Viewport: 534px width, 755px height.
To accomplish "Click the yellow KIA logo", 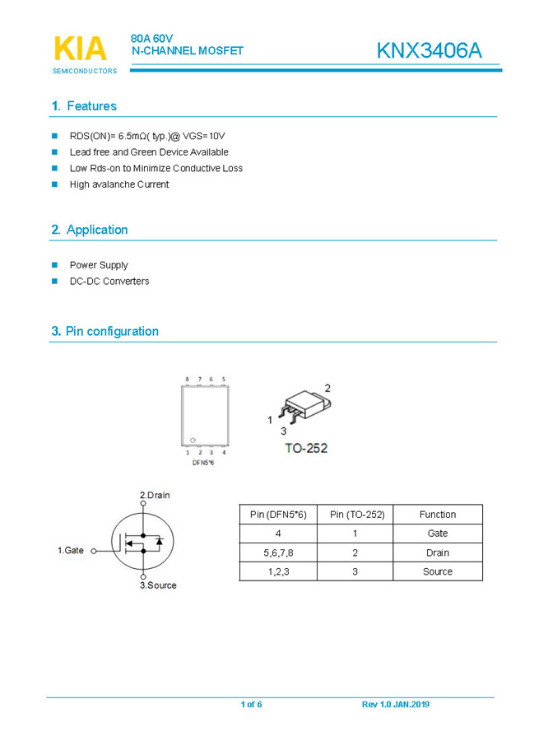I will pos(80,49).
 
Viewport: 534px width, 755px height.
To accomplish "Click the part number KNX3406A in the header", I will pos(429,50).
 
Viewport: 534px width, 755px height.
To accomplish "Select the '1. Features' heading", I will pos(84,106).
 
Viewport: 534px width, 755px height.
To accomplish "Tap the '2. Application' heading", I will pos(89,230).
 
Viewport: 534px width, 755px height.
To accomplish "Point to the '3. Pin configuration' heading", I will pos(104,331).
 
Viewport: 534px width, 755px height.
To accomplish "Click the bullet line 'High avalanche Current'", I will pos(119,184).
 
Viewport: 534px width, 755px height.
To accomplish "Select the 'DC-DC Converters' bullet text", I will pos(109,282).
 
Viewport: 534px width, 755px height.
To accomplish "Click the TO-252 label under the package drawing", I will pos(306,448).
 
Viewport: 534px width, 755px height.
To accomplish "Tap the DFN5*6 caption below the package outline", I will pos(203,463).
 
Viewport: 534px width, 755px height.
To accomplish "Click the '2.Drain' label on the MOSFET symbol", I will pos(155,495).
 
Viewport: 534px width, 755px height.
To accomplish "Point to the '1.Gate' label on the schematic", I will pos(71,549).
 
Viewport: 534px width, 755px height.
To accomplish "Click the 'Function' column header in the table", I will pos(437,515).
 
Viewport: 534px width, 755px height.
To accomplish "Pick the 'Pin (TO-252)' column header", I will pos(356,515).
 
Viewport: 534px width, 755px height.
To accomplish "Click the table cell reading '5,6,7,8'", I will pos(277,552).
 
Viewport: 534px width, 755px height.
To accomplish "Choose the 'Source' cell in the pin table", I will pos(437,571).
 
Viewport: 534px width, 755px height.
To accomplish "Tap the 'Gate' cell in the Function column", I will pos(437,534).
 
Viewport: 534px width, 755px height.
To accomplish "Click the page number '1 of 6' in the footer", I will pos(251,705).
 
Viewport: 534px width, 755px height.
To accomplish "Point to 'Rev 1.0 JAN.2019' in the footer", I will pos(396,705).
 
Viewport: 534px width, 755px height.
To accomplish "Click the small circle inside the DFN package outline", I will pos(193,440).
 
